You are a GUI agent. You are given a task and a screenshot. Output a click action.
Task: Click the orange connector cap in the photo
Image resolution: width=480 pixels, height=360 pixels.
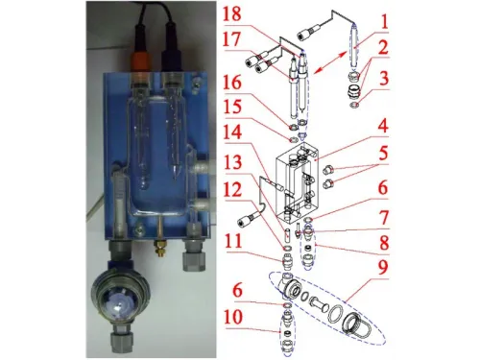point(140,64)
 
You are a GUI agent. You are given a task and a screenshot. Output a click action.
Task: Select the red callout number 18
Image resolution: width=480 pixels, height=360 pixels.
point(232,13)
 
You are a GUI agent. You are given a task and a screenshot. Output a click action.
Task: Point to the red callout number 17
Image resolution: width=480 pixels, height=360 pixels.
point(232,39)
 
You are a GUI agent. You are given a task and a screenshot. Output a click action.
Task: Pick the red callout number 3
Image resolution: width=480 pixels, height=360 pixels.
point(384,79)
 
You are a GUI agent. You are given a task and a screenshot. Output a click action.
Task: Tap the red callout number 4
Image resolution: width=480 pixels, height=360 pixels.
point(383,126)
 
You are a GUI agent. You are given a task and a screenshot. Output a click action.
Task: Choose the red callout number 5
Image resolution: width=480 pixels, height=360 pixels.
point(383,153)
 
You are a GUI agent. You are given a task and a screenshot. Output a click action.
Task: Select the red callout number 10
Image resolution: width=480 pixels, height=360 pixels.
point(232,317)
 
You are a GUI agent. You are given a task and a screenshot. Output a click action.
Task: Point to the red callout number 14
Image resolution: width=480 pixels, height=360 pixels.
point(232,133)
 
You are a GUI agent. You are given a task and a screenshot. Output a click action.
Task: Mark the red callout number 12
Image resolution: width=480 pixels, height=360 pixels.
point(233,190)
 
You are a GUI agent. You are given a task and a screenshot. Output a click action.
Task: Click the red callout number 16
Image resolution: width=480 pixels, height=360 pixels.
point(232,83)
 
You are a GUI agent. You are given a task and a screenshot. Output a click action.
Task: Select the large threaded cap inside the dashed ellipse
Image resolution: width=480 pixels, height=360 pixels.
point(356,324)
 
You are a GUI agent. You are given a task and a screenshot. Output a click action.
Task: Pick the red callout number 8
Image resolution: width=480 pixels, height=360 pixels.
point(384,242)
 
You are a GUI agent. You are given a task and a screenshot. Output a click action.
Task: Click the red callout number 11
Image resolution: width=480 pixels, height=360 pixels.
point(232,242)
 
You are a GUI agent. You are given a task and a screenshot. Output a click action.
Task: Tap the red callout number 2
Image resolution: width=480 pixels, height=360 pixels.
point(383,47)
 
